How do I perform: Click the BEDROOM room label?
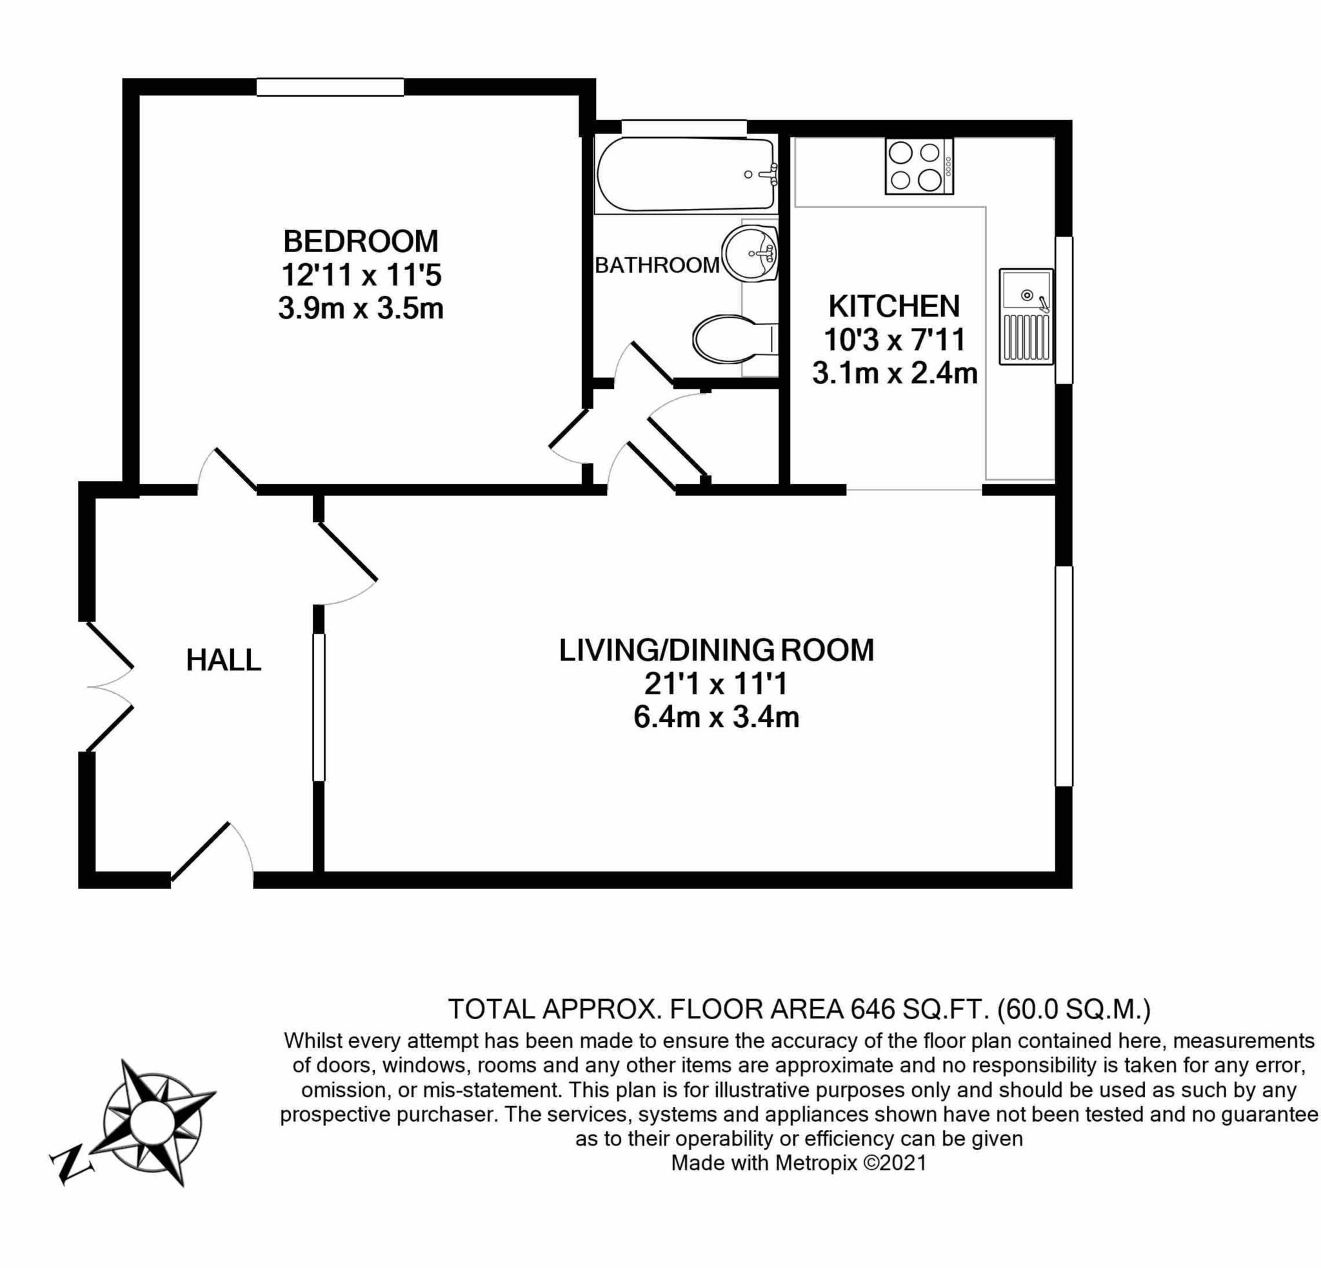(x=361, y=240)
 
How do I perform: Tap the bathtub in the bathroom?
(x=684, y=174)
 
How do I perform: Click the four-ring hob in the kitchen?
(x=919, y=166)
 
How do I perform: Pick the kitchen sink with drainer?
(x=1026, y=317)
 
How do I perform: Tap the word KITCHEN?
(x=894, y=307)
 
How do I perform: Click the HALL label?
(x=223, y=660)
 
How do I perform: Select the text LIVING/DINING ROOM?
(x=716, y=650)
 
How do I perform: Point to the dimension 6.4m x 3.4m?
(x=716, y=717)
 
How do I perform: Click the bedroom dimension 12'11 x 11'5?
(x=361, y=275)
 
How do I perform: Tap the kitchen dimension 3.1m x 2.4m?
(x=894, y=373)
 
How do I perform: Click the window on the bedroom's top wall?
(x=330, y=87)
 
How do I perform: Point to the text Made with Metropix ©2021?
(x=799, y=1163)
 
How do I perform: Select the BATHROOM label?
(x=657, y=266)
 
